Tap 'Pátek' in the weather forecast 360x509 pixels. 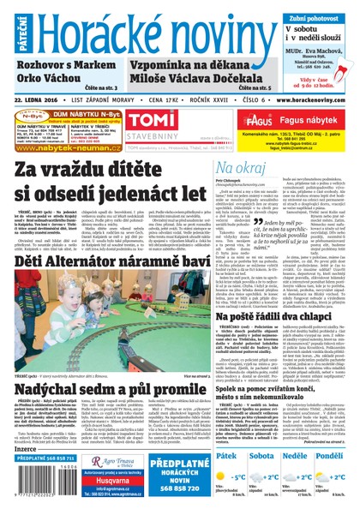pos(228,434)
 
